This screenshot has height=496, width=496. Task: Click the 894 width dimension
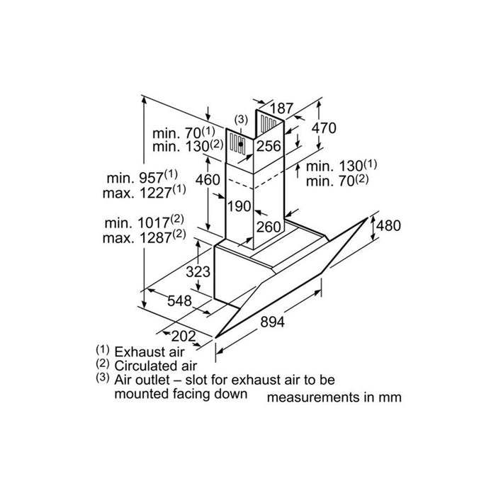click(272, 322)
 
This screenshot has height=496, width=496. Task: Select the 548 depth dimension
click(179, 300)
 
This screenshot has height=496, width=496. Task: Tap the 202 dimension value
click(183, 336)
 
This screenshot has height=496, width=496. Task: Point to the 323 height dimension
click(198, 271)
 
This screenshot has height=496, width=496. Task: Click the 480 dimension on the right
click(388, 225)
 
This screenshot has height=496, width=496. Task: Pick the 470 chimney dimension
click(324, 128)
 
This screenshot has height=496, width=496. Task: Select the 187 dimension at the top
click(281, 108)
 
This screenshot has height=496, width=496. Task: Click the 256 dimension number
click(269, 146)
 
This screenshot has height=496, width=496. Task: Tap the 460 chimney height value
click(208, 180)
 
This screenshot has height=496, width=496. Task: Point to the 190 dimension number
click(239, 206)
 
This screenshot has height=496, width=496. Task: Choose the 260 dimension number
click(269, 227)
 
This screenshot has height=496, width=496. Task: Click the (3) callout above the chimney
click(241, 120)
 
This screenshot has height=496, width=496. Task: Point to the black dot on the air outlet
click(241, 144)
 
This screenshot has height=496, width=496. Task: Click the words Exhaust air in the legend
click(150, 351)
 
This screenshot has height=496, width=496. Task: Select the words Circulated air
click(156, 366)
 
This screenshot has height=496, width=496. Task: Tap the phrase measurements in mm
click(334, 398)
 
